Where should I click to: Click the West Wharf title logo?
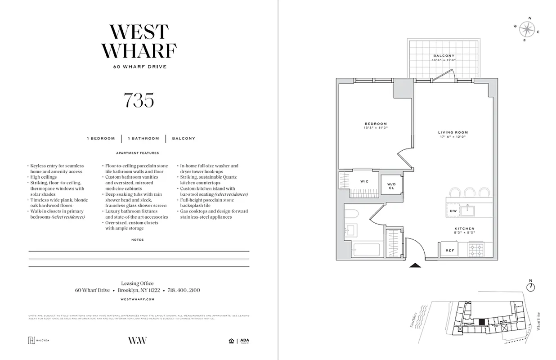coord(139,41)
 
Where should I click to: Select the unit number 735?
coord(139,100)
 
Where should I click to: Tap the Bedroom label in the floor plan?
coord(376,126)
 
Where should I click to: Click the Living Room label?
coord(453,134)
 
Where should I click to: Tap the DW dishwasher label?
coord(453,211)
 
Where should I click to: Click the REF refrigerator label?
coord(449,250)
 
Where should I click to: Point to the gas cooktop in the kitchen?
coord(475,249)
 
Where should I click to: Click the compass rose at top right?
coord(525,29)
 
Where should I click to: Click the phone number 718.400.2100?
coord(184,290)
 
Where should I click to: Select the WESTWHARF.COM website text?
coord(138,299)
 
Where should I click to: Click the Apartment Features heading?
coord(137,153)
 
